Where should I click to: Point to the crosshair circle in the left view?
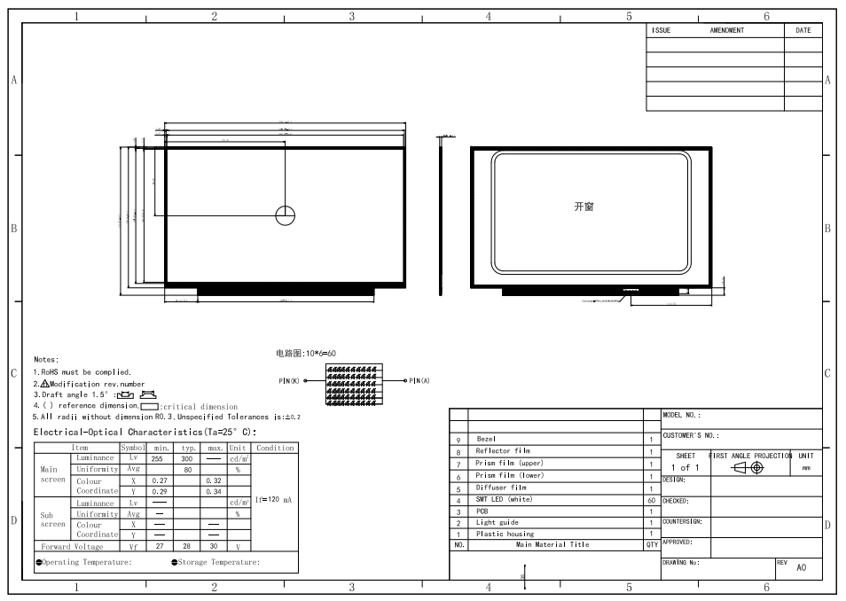pos(285,215)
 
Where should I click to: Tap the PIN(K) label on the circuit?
pos(289,381)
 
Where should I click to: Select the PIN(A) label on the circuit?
pos(419,381)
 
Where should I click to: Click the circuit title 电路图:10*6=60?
pos(307,354)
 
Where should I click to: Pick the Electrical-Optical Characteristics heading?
pos(145,433)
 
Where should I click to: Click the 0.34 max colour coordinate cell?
pos(214,491)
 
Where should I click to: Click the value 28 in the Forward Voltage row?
pos(188,547)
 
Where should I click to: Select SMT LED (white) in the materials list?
pos(504,500)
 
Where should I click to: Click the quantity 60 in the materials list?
pos(651,500)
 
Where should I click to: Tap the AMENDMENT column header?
pos(726,30)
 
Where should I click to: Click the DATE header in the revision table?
pos(803,30)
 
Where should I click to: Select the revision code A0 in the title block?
pos(802,568)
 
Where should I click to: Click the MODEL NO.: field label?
pos(682,415)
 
